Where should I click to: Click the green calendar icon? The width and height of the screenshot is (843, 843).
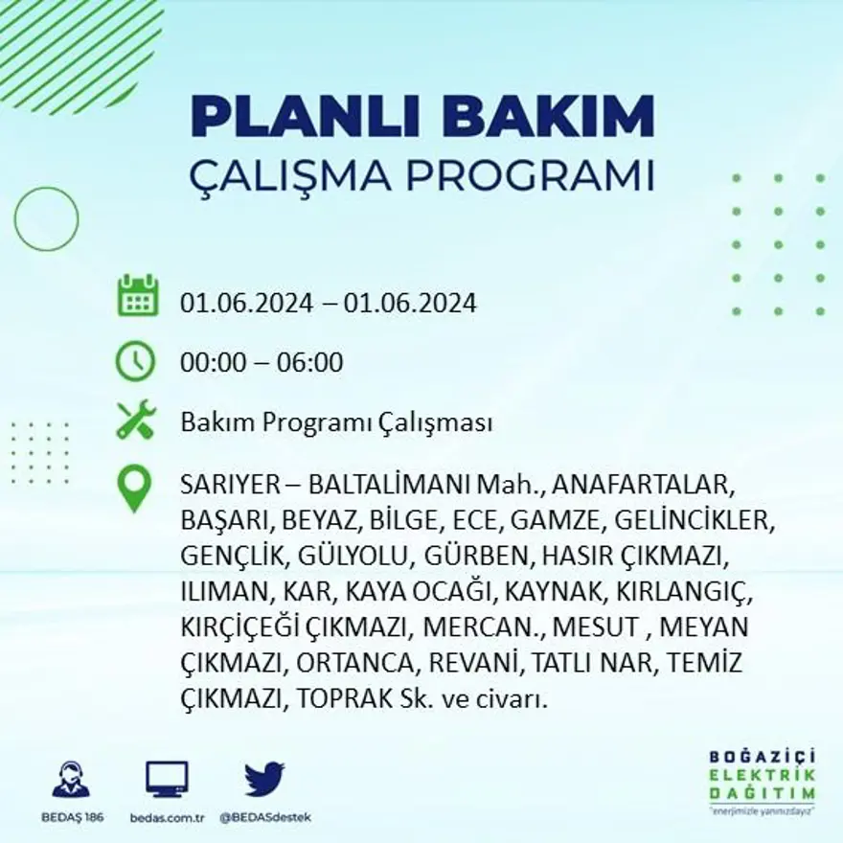click(x=137, y=296)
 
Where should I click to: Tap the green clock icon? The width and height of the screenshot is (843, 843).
click(x=135, y=361)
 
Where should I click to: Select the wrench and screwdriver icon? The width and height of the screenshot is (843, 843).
click(x=135, y=421)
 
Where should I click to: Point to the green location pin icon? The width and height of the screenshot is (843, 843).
click(x=134, y=487)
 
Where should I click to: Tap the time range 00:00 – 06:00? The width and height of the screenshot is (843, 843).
click(x=262, y=363)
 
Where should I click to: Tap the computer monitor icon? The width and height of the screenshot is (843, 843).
click(x=167, y=779)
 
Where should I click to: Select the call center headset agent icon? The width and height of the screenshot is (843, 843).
click(x=71, y=779)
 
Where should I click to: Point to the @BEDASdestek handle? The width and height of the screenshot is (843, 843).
click(x=265, y=817)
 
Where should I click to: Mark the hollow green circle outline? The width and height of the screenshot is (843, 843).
click(x=46, y=218)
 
